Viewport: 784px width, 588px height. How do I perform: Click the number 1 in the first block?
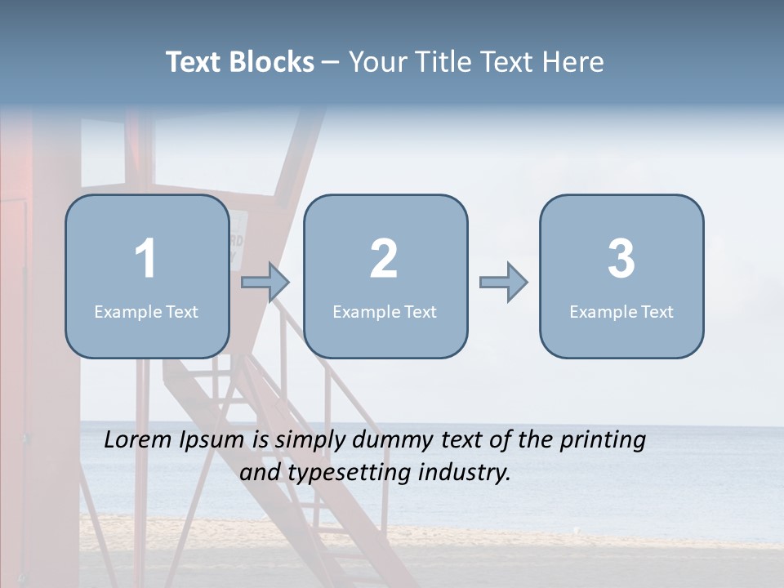[x=145, y=259]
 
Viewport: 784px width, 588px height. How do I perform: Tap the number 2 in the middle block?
[x=384, y=259]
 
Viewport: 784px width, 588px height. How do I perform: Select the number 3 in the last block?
[x=621, y=259]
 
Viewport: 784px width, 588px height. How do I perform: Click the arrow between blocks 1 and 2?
[x=265, y=283]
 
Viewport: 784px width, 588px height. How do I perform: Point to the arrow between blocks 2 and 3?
[x=503, y=283]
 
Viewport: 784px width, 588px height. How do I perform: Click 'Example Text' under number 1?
[x=146, y=312]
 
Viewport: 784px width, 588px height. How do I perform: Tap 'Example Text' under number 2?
[x=385, y=312]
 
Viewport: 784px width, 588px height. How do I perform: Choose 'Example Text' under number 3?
[x=621, y=312]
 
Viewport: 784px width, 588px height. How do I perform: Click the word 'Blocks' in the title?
[x=271, y=62]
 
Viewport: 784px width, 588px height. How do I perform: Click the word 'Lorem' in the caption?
[x=138, y=440]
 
